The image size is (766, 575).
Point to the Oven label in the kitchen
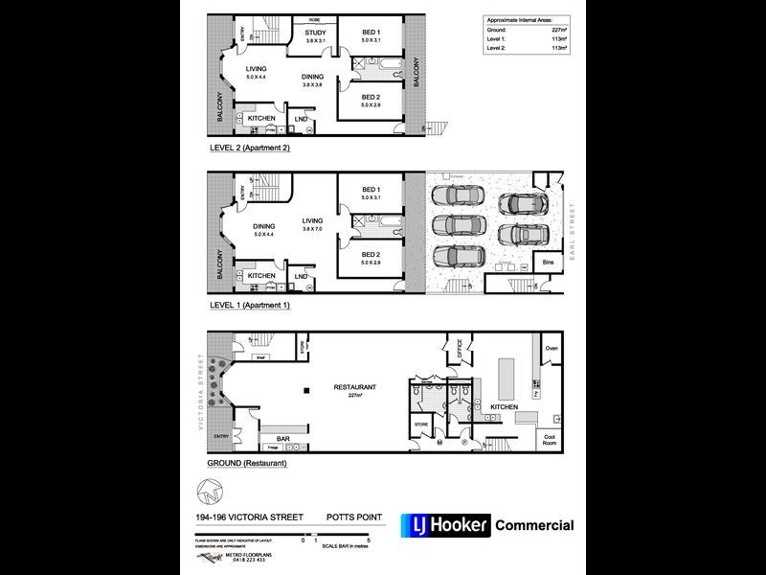[551, 349]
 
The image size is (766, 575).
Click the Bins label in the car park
[548, 261]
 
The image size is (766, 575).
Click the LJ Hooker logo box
[444, 525]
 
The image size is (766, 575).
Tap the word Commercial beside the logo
[534, 525]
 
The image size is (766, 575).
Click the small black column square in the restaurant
[305, 390]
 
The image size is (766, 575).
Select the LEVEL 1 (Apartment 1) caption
[249, 305]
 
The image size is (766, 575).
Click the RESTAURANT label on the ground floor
[354, 387]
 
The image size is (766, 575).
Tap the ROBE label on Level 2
[314, 19]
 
